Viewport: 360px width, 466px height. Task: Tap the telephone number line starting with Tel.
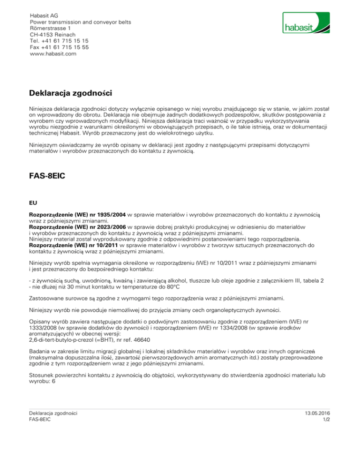pos(59,41)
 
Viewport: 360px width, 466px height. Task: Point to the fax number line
pos(59,47)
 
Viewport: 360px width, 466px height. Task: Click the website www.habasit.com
pos(52,54)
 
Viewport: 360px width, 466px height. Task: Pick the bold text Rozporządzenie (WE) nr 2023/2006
pos(77,227)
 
